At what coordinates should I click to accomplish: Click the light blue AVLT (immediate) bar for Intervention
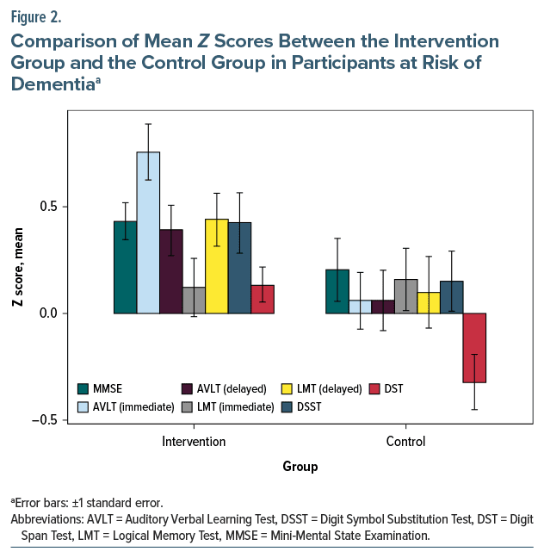click(x=148, y=232)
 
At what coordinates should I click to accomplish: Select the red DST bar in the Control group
click(x=474, y=348)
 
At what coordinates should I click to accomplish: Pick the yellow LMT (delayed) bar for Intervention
click(x=217, y=266)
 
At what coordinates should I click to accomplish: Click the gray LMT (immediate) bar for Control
click(x=406, y=296)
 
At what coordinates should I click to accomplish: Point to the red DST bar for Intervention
click(x=263, y=299)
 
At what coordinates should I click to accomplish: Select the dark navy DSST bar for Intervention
click(x=240, y=268)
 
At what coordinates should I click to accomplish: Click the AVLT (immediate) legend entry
click(x=124, y=406)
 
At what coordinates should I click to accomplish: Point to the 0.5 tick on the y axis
click(x=70, y=207)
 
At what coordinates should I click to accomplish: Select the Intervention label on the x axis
click(x=194, y=442)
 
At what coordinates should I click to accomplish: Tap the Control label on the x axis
click(x=405, y=442)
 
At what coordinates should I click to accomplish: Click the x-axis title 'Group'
click(x=300, y=467)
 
